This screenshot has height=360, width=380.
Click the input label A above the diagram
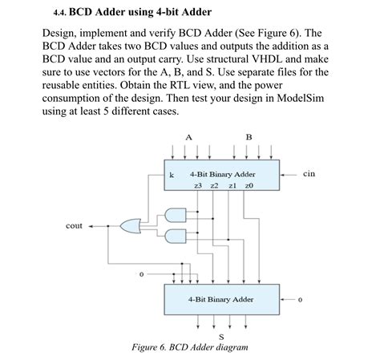[189, 136]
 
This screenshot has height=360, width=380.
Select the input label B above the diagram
[249, 136]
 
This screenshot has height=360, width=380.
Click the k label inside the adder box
[172, 174]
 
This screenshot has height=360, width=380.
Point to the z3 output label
[198, 185]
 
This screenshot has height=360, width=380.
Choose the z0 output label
[249, 185]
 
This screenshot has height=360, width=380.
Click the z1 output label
[232, 185]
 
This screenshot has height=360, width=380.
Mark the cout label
[74, 226]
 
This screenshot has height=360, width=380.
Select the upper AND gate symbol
[173, 212]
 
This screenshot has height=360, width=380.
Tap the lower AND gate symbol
[173, 237]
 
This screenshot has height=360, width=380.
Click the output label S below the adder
[221, 338]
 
